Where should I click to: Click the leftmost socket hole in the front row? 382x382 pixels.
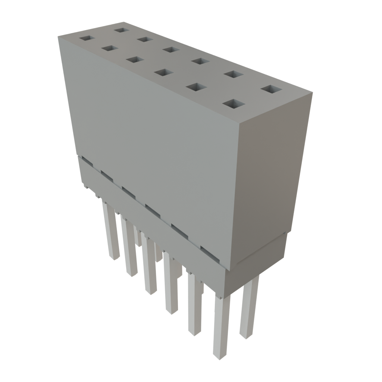(x=87, y=38)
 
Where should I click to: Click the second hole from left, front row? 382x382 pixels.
(x=109, y=48)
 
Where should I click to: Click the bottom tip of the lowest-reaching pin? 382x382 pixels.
(x=220, y=356)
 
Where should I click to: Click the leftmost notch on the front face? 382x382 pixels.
(x=87, y=160)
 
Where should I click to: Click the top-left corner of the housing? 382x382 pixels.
(x=58, y=36)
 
